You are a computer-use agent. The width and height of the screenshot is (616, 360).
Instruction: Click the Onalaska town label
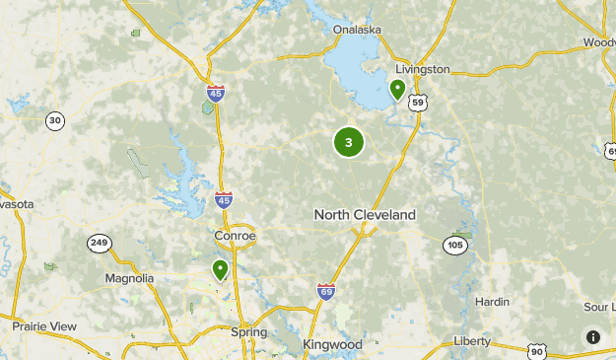click(x=357, y=30)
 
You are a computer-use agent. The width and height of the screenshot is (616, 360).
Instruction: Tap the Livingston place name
click(x=422, y=69)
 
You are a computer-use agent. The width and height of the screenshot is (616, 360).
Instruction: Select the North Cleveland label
click(x=365, y=214)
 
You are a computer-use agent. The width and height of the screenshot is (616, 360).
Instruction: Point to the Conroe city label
click(x=235, y=237)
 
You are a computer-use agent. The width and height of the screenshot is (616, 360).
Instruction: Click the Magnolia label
click(x=130, y=278)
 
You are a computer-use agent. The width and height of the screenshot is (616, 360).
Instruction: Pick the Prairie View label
click(x=44, y=325)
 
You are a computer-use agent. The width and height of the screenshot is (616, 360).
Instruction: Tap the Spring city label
click(x=248, y=332)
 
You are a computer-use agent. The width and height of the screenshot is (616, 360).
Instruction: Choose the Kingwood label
click(x=332, y=344)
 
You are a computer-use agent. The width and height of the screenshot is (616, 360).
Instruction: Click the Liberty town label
click(x=471, y=341)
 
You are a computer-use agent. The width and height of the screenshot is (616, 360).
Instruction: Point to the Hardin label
click(x=492, y=302)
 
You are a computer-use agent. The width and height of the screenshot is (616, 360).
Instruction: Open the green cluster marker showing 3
click(x=348, y=142)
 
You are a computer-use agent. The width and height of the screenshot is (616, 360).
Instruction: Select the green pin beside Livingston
click(x=397, y=90)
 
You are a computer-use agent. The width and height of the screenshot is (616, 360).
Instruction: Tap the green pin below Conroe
click(x=220, y=269)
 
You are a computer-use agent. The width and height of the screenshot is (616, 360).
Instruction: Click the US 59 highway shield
click(x=418, y=102)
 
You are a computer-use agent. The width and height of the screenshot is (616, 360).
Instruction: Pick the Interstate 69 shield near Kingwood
click(x=326, y=291)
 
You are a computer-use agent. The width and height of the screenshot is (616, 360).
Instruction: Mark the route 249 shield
click(x=99, y=244)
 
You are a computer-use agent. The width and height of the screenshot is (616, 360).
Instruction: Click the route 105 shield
click(x=454, y=244)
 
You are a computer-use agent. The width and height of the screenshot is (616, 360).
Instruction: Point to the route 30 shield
click(x=55, y=121)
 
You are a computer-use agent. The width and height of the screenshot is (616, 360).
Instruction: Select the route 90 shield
click(x=536, y=350)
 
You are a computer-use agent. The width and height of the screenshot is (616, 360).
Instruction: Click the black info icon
click(x=593, y=337)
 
